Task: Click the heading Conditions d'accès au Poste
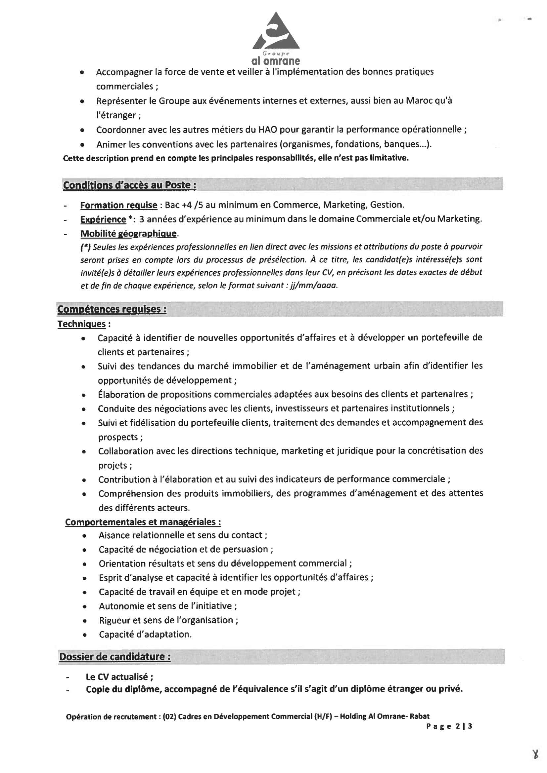[x=129, y=185]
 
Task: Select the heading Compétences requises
[x=112, y=309]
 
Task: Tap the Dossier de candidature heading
[x=114, y=657]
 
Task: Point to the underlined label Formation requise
[x=119, y=205]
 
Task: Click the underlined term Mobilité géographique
[x=128, y=233]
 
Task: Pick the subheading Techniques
[x=81, y=324]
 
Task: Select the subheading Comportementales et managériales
[x=143, y=522]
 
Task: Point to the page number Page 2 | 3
[x=449, y=726]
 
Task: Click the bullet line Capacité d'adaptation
[x=145, y=634]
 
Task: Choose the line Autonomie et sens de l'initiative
[x=167, y=606]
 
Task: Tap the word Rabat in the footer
[x=420, y=716]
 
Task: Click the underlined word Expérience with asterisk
[x=103, y=219]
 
